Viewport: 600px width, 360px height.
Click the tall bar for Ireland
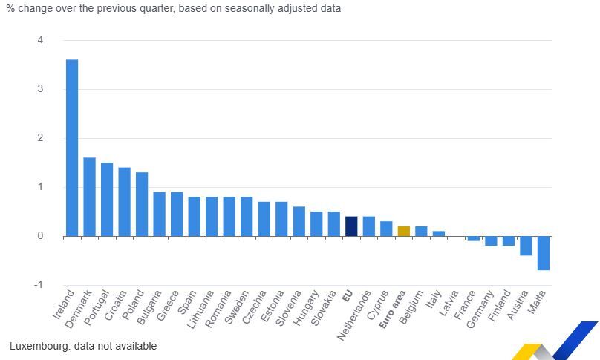[72, 148]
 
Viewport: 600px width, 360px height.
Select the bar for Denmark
[89, 197]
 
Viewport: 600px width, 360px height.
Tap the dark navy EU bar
[351, 226]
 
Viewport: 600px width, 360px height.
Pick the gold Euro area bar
[403, 231]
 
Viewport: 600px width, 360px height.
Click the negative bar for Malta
[544, 253]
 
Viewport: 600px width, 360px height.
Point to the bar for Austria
[526, 246]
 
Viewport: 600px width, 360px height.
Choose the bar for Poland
[142, 204]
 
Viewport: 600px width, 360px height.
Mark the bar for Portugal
[107, 199]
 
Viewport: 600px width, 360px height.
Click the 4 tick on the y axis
[40, 40]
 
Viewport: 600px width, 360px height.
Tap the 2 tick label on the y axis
[40, 138]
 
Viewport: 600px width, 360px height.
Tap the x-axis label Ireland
[65, 305]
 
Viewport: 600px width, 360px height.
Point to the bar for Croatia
[124, 202]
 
